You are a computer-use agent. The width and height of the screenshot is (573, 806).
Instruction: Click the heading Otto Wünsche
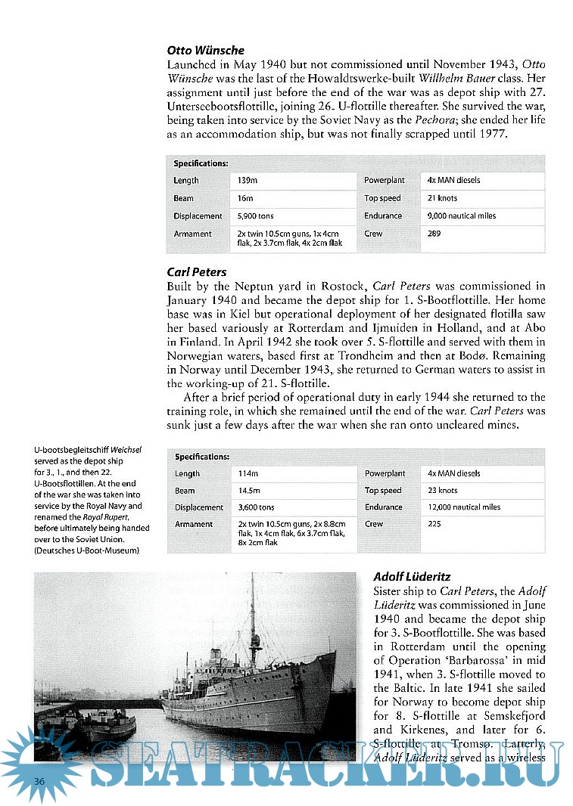[x=205, y=50]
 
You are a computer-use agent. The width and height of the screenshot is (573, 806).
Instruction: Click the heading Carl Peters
[x=196, y=271]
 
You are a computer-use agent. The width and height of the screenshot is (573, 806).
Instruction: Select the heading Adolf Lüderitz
[x=413, y=576]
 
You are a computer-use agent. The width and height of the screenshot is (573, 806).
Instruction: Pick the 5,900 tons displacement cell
[x=255, y=216]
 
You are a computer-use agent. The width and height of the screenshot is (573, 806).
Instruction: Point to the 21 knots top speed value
[x=442, y=198]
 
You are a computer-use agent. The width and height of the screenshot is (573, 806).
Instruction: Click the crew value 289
[x=434, y=234]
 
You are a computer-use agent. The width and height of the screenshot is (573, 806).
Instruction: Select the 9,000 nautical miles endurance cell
[x=461, y=215]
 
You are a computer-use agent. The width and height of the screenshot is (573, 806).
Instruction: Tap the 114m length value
[x=248, y=473]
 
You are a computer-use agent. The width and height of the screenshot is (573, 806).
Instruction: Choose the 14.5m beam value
[x=251, y=491]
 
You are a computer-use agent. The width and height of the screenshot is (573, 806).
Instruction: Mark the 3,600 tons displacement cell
[x=256, y=507]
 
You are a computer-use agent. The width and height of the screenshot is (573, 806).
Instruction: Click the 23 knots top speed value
[x=442, y=491]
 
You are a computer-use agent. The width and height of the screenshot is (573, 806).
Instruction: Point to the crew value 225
[x=434, y=524]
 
